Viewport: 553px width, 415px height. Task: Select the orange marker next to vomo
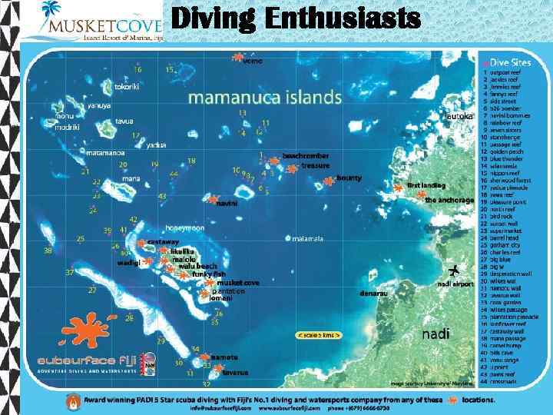[237, 57]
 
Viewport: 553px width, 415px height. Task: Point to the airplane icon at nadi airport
[453, 271]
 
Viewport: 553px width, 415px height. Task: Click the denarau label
[373, 292]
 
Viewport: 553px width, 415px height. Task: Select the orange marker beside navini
[212, 200]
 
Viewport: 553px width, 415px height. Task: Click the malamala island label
[308, 238]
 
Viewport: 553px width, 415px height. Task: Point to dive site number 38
[48, 250]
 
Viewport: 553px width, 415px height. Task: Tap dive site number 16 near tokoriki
[137, 69]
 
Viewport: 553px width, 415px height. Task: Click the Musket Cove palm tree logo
[51, 11]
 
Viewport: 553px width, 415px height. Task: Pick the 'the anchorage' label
[449, 201]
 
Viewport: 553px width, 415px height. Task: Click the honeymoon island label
[185, 228]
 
